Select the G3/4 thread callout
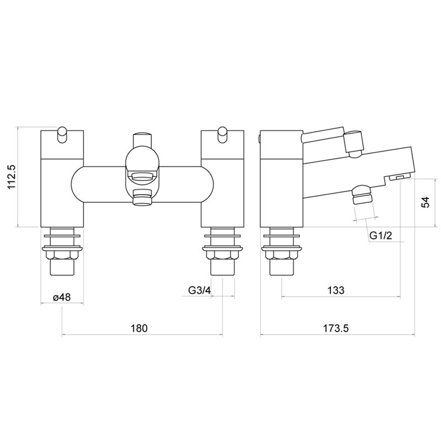(x=199, y=291)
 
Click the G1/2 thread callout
(x=381, y=235)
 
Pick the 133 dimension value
(x=337, y=291)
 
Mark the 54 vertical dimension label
(x=425, y=202)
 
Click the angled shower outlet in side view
(x=361, y=195)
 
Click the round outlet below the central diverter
(x=142, y=197)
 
